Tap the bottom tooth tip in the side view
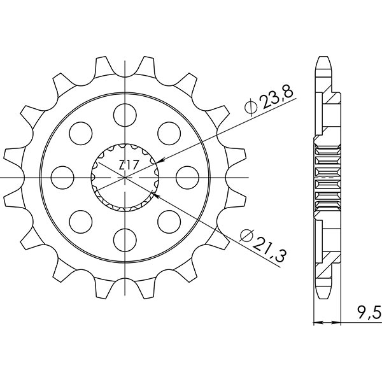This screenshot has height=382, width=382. pyautogui.click(x=323, y=297)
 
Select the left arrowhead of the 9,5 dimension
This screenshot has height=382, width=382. pyautogui.click(x=316, y=323)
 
